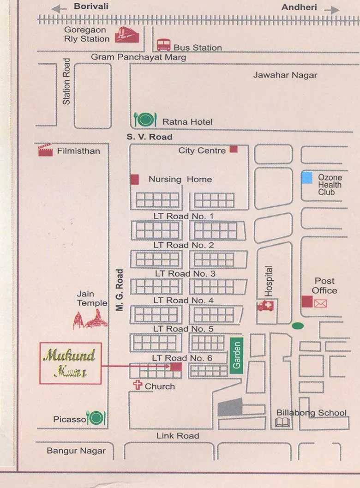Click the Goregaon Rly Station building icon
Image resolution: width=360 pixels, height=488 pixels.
[127, 35]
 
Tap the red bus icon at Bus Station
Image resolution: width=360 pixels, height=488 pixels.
[163, 45]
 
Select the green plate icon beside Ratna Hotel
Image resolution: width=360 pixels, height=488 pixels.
[145, 120]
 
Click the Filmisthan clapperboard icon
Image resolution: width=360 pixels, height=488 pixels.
[45, 150]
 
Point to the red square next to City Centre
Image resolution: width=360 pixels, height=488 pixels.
[234, 149]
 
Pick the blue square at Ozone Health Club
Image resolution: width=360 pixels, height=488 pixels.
[307, 178]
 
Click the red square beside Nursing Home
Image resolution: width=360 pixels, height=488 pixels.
[134, 180]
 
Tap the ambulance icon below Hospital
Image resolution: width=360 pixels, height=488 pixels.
[266, 306]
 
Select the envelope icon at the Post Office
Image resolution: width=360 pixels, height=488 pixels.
[320, 303]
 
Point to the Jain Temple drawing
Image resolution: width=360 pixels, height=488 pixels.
[90, 319]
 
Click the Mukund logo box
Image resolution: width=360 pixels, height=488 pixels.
[70, 363]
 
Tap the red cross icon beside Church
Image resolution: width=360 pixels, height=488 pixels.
[137, 385]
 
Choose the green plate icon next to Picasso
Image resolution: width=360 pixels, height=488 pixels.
[96, 418]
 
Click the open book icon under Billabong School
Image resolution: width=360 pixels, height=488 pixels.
[282, 422]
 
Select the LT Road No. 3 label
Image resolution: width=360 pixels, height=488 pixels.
[185, 273]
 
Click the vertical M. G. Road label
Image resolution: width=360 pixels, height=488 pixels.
[120, 290]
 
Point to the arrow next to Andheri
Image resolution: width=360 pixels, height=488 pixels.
[331, 10]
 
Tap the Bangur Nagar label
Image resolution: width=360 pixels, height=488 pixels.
[76, 451]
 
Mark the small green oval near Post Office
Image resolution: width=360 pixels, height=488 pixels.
[298, 326]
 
